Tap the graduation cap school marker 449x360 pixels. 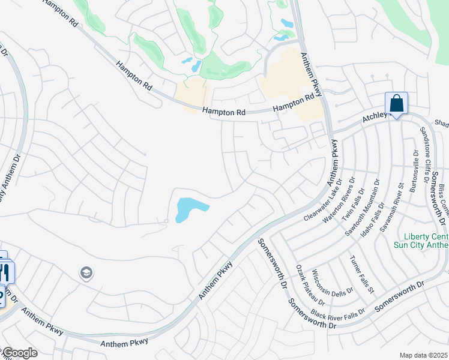86,273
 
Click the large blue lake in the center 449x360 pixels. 189,209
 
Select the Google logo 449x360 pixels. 19,353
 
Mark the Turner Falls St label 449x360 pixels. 363,274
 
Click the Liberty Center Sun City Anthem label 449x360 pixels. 421,240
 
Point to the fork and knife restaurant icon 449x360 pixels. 5,274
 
